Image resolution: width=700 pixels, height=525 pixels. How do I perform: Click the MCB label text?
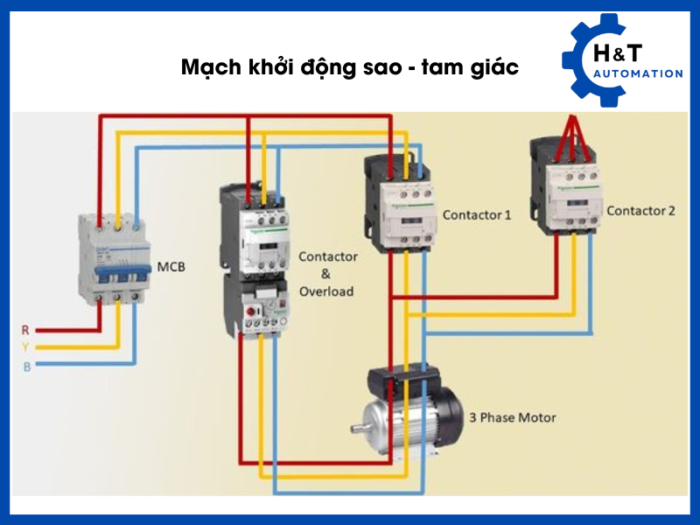point(171,266)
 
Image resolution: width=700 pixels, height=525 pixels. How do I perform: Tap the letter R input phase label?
point(25,330)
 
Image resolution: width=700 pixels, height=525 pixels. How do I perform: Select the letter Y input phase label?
point(25,347)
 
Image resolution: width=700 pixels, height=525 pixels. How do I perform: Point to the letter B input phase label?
point(26,367)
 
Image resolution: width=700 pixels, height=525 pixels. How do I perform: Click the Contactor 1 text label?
point(477,214)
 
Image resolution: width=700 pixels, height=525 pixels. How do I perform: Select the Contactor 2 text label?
point(640,211)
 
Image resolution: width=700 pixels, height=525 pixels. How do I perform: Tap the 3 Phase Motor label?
point(513,417)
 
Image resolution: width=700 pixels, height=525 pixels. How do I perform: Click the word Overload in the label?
point(326,290)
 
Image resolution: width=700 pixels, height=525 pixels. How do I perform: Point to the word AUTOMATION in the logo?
point(637,74)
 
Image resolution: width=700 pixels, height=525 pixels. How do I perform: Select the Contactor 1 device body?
point(401,203)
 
